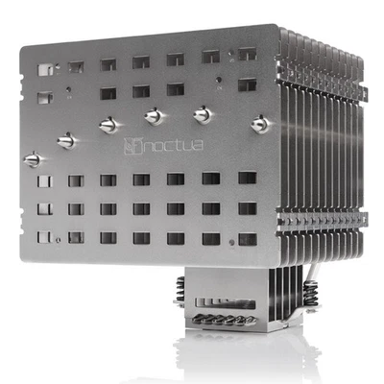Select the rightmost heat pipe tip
pyautogui.click(x=258, y=123)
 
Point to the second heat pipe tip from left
pyautogui.click(x=65, y=140)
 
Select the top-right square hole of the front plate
pyautogui.click(x=247, y=55)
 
